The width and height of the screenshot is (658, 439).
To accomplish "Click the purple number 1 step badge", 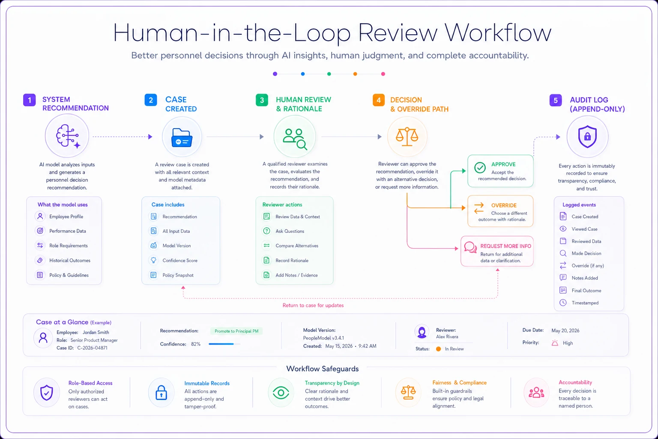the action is point(30,100).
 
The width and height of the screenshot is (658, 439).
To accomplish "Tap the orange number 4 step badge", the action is point(379,100).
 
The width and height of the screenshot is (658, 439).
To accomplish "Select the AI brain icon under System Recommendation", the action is point(68,136).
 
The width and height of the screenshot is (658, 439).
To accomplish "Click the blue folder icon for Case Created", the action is point(182,137).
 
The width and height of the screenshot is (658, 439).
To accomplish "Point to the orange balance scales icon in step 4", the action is point(407,136).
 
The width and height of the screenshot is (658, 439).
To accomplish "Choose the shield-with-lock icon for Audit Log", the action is point(587,136).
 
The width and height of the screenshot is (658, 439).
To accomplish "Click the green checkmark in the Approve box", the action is point(480,168).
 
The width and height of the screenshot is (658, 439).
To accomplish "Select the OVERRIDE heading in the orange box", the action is point(504,205).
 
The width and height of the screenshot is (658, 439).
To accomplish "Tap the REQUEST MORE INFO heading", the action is point(505,246).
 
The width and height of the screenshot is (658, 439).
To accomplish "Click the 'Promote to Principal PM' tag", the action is point(236,331).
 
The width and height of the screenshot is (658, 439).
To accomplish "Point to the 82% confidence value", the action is point(196,344).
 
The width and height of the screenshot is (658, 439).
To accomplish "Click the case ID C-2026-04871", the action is point(92,348).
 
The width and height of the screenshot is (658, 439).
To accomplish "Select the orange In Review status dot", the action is point(438,349).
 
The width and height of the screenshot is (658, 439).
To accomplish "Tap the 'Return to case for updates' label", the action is point(313,305).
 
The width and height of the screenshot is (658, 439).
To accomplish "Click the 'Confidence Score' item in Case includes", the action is point(180,261).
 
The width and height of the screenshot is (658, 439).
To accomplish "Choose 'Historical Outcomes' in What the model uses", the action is point(70,261).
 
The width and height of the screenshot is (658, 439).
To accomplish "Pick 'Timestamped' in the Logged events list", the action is point(585,303).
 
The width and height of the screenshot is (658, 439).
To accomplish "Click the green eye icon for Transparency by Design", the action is point(281,393).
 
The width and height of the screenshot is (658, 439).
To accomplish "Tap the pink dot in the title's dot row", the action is point(383,74).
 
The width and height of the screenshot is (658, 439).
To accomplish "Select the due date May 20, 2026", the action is point(565,331).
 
